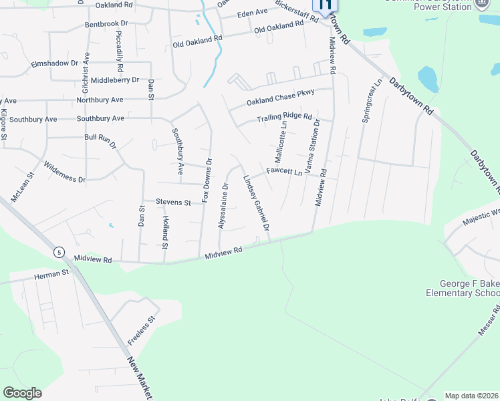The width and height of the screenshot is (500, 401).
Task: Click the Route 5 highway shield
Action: click(x=59, y=251)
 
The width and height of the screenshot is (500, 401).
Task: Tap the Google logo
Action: click(x=22, y=393)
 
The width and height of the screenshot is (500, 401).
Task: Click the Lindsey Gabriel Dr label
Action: click(x=256, y=204)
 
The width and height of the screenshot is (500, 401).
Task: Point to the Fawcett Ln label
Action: click(x=285, y=171)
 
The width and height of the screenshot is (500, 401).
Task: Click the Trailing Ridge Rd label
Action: click(x=285, y=118)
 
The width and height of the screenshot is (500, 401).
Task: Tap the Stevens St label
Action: click(x=173, y=201)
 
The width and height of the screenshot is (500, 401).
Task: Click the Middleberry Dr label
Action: click(x=115, y=80)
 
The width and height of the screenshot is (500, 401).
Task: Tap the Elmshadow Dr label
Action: click(x=55, y=63)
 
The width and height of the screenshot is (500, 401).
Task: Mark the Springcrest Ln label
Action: click(x=373, y=100)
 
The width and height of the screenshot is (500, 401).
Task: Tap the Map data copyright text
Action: click(x=472, y=396)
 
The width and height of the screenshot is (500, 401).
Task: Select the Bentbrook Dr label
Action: click(x=106, y=23)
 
